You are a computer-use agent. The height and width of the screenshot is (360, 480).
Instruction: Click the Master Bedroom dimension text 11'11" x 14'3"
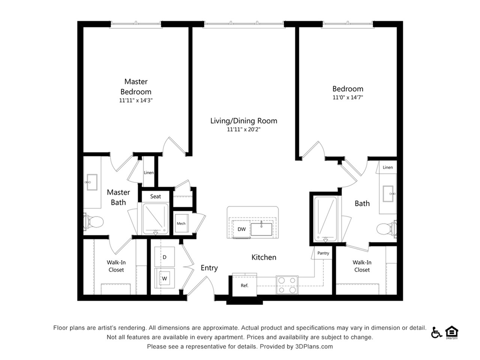coord(136,100)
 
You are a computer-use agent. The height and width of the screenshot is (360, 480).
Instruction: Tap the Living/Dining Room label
coord(244,121)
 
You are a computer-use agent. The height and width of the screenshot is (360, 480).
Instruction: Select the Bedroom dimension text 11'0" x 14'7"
coord(348,97)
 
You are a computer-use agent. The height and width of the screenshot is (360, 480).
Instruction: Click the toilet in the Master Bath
coord(93,222)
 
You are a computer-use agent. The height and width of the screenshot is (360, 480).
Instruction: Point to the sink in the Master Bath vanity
coord(92,182)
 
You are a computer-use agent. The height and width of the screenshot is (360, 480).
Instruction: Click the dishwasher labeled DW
coord(241,229)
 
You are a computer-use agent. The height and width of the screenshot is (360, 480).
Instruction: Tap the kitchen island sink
coord(261,229)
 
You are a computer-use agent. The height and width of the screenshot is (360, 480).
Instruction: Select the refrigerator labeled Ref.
coord(244,285)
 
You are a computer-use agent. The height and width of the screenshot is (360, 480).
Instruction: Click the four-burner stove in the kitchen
coord(287,285)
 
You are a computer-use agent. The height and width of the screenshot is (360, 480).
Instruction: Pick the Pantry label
coord(323,253)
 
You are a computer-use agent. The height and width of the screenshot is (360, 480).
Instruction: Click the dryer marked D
coord(165,257)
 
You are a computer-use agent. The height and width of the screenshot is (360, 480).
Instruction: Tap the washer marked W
coord(165,278)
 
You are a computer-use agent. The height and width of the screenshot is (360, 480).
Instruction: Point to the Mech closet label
coord(181,223)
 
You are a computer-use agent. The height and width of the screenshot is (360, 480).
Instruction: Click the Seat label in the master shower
coord(156,196)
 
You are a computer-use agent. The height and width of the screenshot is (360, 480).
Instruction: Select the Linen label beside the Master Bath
coord(149,172)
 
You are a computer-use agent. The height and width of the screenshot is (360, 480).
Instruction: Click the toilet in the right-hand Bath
coord(387,229)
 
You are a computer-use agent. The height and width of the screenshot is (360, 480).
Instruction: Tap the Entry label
coord(209,268)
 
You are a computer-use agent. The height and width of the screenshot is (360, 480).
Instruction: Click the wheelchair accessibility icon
coord(436,332)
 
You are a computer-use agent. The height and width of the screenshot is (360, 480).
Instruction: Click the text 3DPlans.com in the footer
coord(314,346)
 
